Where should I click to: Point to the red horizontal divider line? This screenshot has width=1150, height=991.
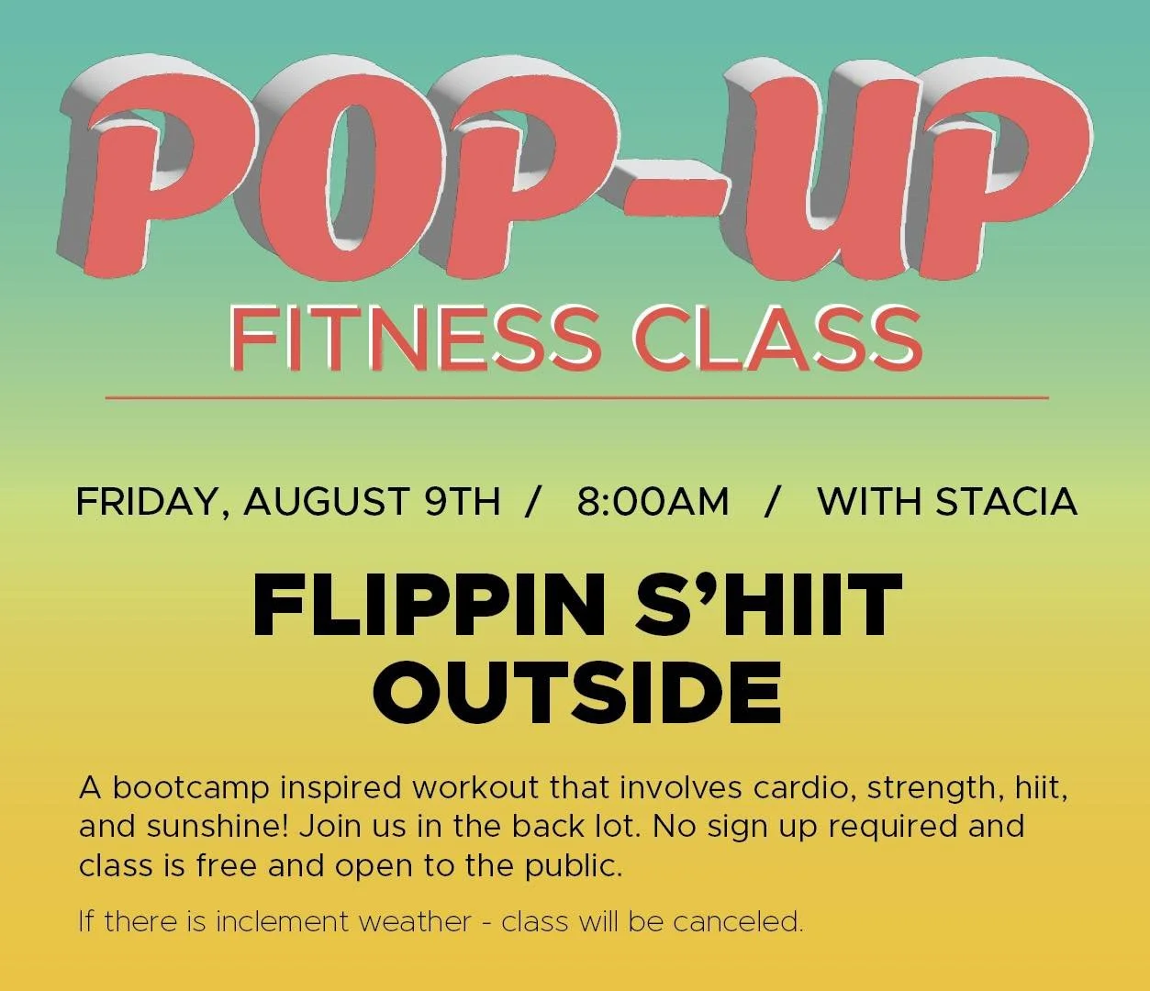pos(576,398)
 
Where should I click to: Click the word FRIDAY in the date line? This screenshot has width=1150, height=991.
pos(151,502)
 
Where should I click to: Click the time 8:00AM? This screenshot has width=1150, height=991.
pos(653,502)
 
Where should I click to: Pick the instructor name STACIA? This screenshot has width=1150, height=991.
pos(1006,502)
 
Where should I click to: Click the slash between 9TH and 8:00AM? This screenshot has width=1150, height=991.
pos(530,502)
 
